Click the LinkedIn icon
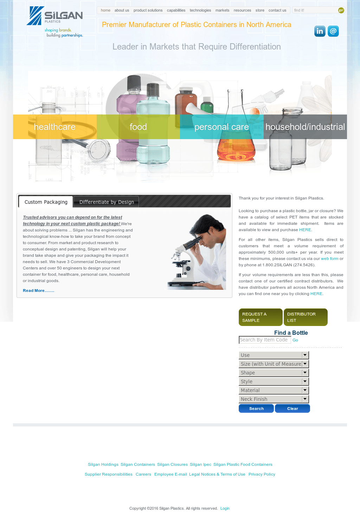pyautogui.click(x=320, y=31)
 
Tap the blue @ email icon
pyautogui.click(x=333, y=31)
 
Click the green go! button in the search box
pyautogui.click(x=341, y=10)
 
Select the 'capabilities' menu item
pyautogui.click(x=176, y=10)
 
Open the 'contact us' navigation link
pyautogui.click(x=277, y=10)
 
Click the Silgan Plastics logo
pyautogui.click(x=55, y=22)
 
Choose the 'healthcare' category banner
pyautogui.click(x=55, y=127)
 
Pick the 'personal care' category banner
pyautogui.click(x=222, y=127)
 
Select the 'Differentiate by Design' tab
pyautogui.click(x=107, y=202)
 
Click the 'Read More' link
pyautogui.click(x=38, y=291)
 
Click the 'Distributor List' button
pyautogui.click(x=306, y=317)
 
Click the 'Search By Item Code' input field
pyautogui.click(x=265, y=340)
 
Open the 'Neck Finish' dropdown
pyautogui.click(x=274, y=399)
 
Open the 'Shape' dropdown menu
pyautogui.click(x=274, y=373)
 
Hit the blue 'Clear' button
pyautogui.click(x=292, y=409)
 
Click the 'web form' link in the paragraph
pyautogui.click(x=329, y=259)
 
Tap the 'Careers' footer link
pyautogui.click(x=143, y=474)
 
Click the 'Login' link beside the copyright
pyautogui.click(x=225, y=508)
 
